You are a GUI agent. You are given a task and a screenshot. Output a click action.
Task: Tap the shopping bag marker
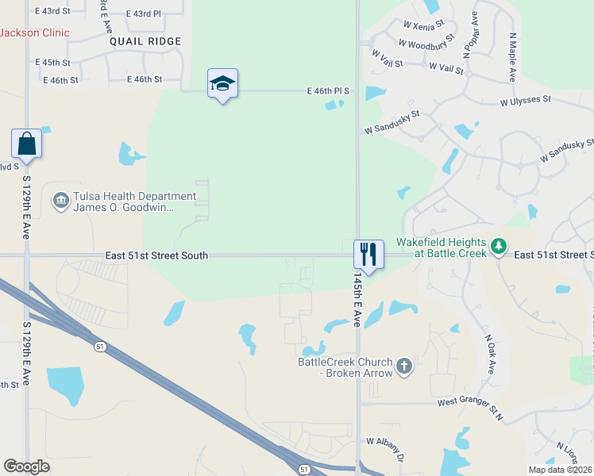click(x=26, y=144)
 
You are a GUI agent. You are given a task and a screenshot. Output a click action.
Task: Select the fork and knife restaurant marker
click(x=368, y=254)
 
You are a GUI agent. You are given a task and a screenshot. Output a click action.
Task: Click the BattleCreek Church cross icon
click(x=404, y=366)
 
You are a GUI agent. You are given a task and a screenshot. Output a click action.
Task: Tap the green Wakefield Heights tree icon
click(x=498, y=246)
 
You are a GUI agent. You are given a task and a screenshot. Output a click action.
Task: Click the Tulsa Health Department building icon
click(x=60, y=202)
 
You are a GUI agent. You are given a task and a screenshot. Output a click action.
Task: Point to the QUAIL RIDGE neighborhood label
click(x=145, y=41)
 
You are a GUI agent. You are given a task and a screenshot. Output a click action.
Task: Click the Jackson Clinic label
click(x=34, y=33)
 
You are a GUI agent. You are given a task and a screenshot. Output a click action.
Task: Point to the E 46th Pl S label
click(x=328, y=92)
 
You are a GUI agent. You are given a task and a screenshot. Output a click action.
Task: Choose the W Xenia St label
click(x=425, y=28)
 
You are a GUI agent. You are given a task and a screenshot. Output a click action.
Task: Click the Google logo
click(x=26, y=466)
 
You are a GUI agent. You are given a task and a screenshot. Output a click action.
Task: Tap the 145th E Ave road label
click(x=357, y=302)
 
